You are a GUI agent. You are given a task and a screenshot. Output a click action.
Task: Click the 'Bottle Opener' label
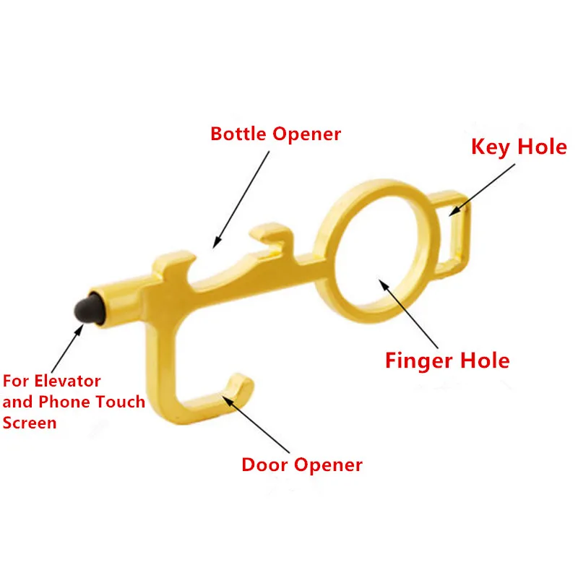pos(275,134)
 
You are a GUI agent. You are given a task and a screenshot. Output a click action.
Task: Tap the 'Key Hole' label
pos(519,147)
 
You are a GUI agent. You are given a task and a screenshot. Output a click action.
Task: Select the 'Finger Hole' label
pos(447,360)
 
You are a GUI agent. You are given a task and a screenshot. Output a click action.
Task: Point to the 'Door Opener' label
pos(302,465)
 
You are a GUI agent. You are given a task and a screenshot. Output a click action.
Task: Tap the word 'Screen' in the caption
pos(29,423)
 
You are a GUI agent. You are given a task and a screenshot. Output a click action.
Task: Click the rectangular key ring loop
pos(456,231)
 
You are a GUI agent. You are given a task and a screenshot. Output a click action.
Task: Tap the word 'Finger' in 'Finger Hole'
pos(420,360)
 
